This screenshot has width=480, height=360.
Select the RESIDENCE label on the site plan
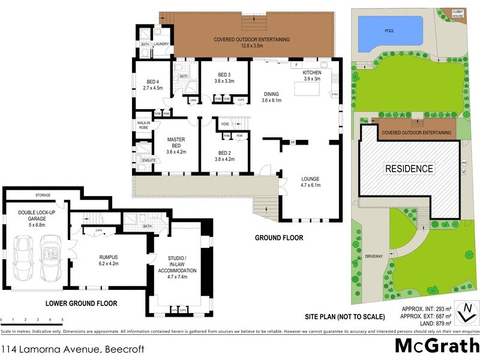(x=409, y=169)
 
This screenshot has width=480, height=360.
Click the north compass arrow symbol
(x=466, y=311)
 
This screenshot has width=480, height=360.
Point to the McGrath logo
(x=436, y=346)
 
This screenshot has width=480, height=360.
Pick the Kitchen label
(x=312, y=73)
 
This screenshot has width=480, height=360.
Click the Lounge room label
(x=310, y=179)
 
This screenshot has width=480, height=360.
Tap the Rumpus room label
(x=112, y=256)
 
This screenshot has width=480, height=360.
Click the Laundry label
(x=160, y=44)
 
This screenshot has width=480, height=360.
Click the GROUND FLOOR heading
(x=279, y=238)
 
